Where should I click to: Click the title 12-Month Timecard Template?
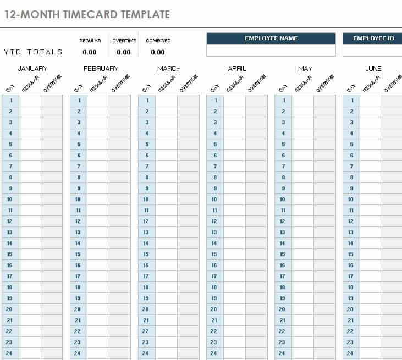(87, 14)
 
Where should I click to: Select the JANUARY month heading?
(33, 69)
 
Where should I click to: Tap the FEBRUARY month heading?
(101, 69)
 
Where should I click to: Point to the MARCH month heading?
(169, 69)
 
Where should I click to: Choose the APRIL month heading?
(237, 69)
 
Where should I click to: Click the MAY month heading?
(305, 69)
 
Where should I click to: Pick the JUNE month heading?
(373, 69)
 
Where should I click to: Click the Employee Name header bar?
(271, 38)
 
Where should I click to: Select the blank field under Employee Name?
(271, 50)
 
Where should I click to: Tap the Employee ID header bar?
(373, 38)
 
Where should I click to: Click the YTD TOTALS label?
(33, 52)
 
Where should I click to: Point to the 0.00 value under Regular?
(90, 52)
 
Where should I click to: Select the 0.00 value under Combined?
(158, 52)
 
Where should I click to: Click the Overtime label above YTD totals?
(124, 41)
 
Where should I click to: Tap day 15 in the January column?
(10, 254)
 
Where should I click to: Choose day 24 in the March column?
(146, 353)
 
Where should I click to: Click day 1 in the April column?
(215, 101)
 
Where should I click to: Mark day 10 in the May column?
(283, 200)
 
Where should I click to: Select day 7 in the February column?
(79, 167)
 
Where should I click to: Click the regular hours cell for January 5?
(30, 145)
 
